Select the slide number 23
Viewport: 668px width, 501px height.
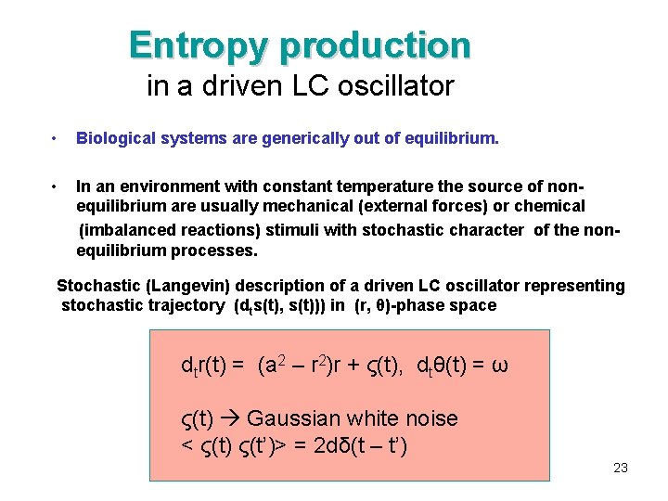pos(621,468)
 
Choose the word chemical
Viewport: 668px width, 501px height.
pos(546,206)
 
